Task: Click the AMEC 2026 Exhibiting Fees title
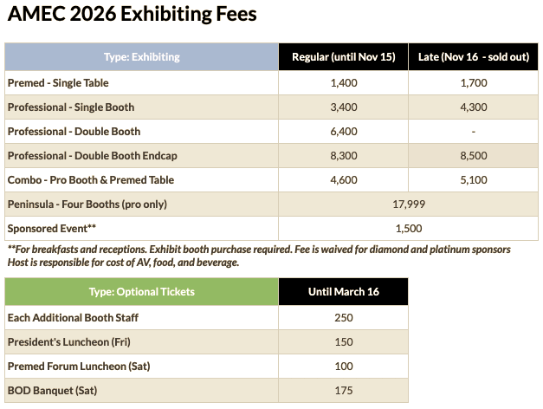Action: coord(132,16)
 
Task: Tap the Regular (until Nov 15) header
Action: coord(343,57)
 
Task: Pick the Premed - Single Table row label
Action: coord(58,82)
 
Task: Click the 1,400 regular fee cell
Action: coord(343,82)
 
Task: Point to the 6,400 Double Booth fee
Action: coord(343,132)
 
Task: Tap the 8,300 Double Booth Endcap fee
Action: coord(343,156)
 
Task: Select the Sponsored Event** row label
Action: coord(51,229)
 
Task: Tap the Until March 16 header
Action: coord(343,291)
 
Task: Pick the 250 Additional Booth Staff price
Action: coord(343,317)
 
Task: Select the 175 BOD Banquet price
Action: coord(343,391)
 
